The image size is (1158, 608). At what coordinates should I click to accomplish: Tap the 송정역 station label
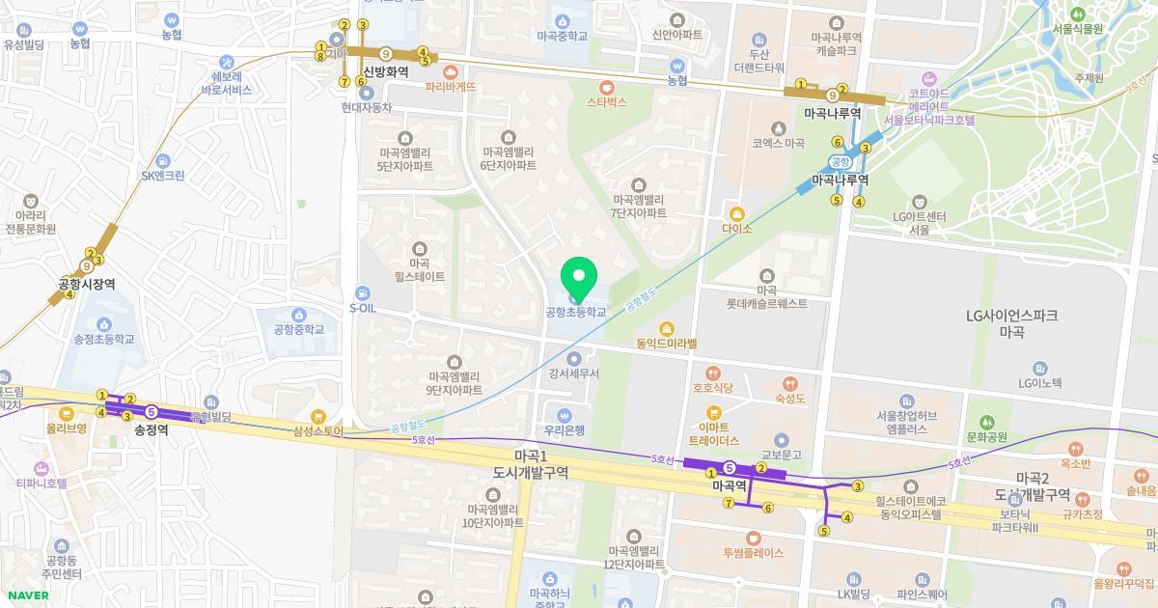[x=152, y=430]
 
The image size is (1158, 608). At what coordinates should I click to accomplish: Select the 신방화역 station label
[x=386, y=71]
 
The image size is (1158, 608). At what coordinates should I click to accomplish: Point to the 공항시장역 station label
[x=87, y=284]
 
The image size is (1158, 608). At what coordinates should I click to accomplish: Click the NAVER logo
[x=28, y=595]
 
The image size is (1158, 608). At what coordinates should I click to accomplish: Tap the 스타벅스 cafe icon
[x=606, y=86]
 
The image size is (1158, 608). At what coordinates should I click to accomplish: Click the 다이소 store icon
[x=737, y=213]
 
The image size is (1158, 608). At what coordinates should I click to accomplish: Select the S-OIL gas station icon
[x=361, y=293]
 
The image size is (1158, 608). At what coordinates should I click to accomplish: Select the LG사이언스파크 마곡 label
[x=1012, y=322]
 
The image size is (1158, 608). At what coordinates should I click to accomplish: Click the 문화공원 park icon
[x=986, y=423]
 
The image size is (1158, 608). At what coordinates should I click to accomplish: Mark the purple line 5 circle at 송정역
[x=152, y=413]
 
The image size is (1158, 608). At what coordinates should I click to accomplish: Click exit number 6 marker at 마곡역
[x=768, y=508]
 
